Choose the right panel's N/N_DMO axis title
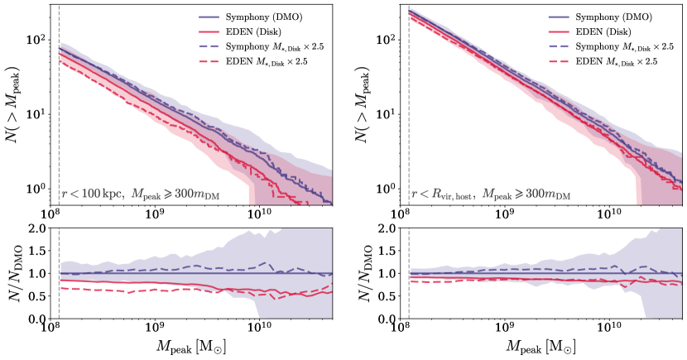[362, 273]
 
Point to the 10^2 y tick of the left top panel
[36, 38]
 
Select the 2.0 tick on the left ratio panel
[36, 228]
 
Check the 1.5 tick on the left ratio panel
[36, 251]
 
